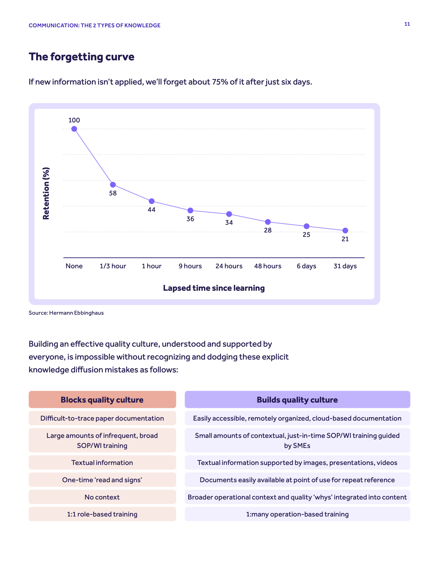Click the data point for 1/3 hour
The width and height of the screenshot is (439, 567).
tap(113, 185)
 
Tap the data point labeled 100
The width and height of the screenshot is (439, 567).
tap(74, 129)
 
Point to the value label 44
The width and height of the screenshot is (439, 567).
tap(151, 210)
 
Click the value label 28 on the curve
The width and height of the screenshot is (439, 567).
tap(268, 230)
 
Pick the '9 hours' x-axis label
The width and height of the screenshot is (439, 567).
tap(190, 266)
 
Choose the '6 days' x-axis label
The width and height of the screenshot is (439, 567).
tap(306, 266)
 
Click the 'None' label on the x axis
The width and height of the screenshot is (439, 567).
tap(74, 266)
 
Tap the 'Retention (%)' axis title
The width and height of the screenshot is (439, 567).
tap(46, 193)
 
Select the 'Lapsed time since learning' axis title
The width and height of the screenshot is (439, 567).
tap(214, 288)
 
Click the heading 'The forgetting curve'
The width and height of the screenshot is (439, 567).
tap(81, 57)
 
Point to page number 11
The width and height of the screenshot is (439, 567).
tap(407, 24)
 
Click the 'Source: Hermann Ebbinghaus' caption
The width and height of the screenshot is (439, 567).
tap(66, 313)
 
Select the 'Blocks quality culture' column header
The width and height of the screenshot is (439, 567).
tap(102, 399)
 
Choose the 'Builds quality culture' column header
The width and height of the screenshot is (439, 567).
tap(297, 399)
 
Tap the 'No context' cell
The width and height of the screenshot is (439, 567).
tap(102, 497)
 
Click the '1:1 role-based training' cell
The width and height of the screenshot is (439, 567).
tap(102, 514)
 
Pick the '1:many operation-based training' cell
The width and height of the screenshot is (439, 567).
tap(297, 514)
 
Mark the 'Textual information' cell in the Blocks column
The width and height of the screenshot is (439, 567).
tap(102, 462)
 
